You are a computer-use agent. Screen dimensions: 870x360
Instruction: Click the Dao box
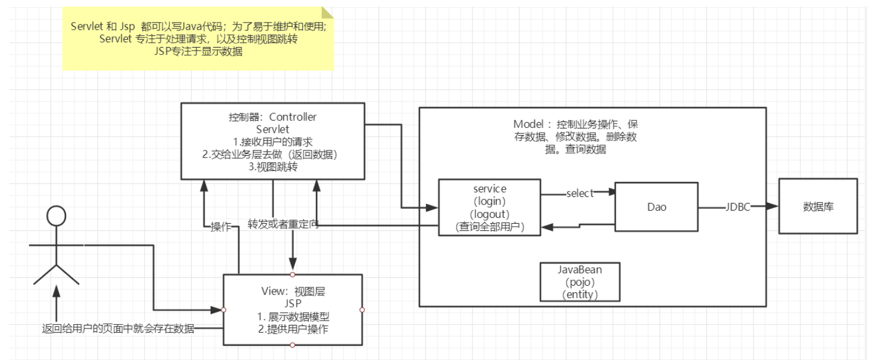coord(656,207)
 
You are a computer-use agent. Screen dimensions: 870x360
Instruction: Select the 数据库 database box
coord(818,206)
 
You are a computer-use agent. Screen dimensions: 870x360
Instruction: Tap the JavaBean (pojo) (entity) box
coord(580,282)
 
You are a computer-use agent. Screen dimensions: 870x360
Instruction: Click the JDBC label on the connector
coord(737,207)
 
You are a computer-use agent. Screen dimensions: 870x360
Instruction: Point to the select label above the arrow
coord(580,193)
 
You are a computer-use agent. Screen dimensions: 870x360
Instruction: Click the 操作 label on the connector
coord(221,227)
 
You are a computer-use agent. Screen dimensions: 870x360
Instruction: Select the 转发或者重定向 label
coord(283,224)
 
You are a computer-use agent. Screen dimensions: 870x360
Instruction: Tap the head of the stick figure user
coord(57,216)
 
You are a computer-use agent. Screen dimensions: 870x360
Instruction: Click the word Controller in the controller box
coord(292,117)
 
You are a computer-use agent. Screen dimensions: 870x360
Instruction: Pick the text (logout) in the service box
coord(489,214)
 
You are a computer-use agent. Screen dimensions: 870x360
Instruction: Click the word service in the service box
coord(490,189)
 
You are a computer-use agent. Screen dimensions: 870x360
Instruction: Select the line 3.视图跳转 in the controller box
coord(273,167)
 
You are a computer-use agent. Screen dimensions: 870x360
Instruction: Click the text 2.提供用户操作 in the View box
coord(293,329)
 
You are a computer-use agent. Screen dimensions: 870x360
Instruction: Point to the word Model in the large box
coord(528,124)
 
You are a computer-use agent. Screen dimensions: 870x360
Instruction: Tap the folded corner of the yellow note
coord(327,12)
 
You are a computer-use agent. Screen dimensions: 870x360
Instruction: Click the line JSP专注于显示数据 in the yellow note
coord(198,51)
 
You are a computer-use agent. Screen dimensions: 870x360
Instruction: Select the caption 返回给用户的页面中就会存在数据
coord(118,328)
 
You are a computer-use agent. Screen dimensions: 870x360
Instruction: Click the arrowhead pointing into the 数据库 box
coord(772,206)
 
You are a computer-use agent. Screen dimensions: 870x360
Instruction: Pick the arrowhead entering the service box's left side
coord(432,208)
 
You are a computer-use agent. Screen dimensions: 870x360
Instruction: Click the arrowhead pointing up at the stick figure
coord(57,291)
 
